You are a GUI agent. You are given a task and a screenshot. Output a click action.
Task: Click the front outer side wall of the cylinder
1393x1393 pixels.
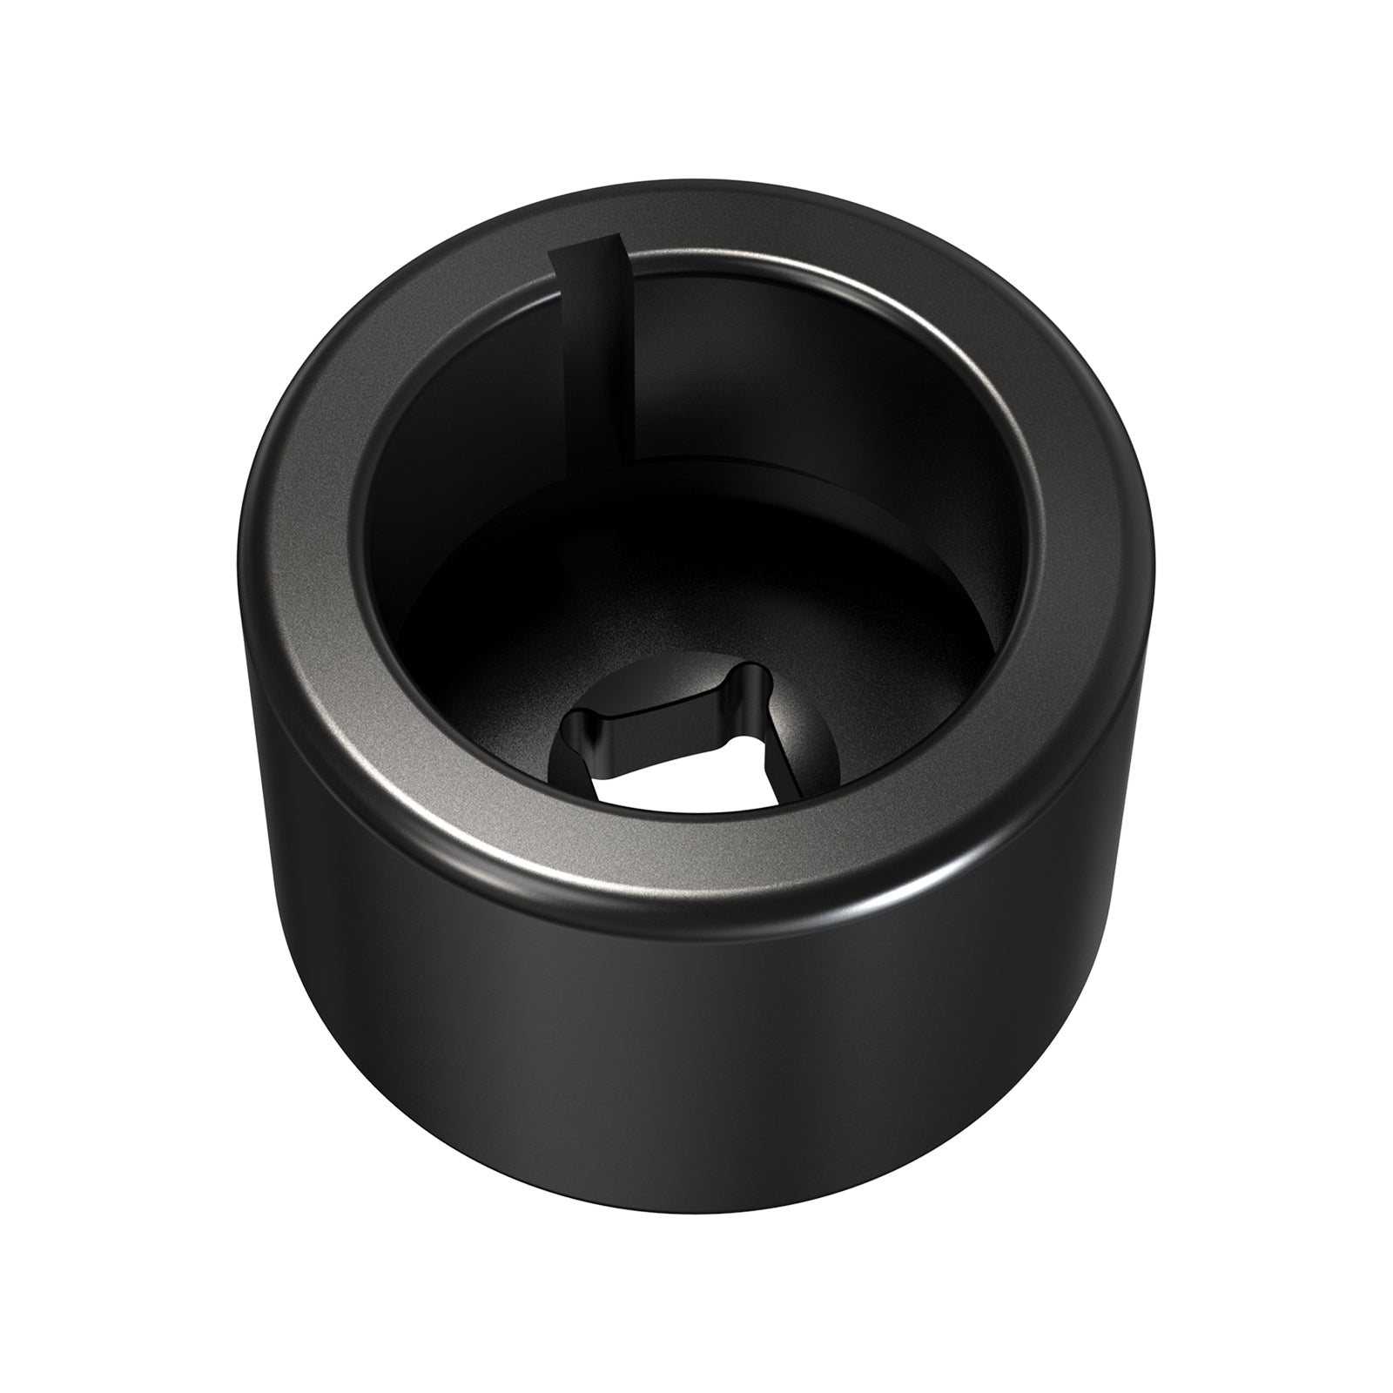point(696,1088)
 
